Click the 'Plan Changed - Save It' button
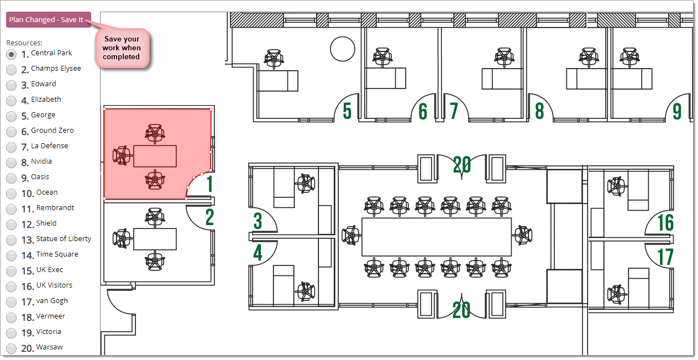coord(49,20)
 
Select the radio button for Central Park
coord(11,55)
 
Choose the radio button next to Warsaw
coord(11,348)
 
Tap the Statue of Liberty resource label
coord(64,239)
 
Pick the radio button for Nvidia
coord(11,163)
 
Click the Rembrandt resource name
coord(55,207)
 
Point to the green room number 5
coord(347,111)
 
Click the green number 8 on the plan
coord(539,111)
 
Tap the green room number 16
coord(665,222)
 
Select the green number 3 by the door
coord(258,221)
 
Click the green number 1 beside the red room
coord(210,184)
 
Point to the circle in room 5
coord(343,49)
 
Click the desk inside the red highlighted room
coord(155,156)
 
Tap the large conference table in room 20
coord(436,237)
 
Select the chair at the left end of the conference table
coord(351,236)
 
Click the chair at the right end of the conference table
coord(523,235)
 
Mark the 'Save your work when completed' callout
coord(122,48)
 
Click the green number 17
coord(665,257)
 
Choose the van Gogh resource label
coord(52,301)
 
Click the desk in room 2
coord(155,239)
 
